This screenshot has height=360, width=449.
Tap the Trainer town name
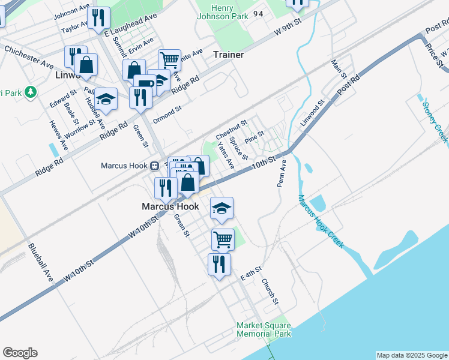click(x=228, y=55)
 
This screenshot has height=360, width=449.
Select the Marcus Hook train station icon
click(x=154, y=166)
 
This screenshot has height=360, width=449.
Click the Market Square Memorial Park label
click(x=264, y=329)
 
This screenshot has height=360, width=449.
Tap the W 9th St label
click(x=286, y=27)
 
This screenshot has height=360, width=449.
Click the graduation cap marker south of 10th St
click(x=221, y=208)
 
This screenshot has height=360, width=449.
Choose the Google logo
click(x=20, y=353)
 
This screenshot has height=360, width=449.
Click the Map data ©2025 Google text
click(x=412, y=355)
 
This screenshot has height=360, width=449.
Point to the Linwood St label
click(x=312, y=112)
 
